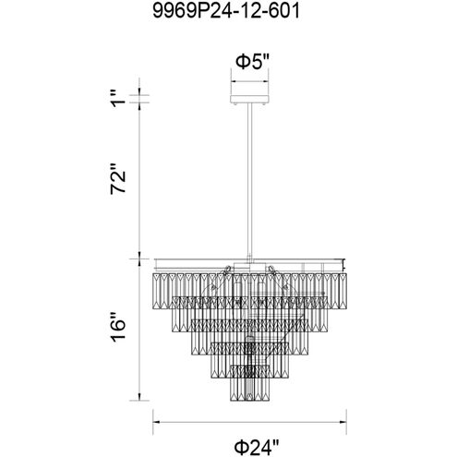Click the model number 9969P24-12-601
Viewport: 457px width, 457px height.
pos(226,12)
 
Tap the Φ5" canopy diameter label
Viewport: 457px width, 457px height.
pos(252,62)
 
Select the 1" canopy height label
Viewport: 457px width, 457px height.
pos(118,98)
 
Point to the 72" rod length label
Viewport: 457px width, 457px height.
pos(118,178)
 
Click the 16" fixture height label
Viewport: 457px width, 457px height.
pos(118,327)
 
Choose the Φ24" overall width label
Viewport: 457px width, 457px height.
pos(257,447)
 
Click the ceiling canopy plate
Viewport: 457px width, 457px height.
pos(249,100)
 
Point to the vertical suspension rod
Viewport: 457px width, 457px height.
pos(249,182)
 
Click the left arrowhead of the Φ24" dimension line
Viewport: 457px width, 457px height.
pos(156,422)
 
